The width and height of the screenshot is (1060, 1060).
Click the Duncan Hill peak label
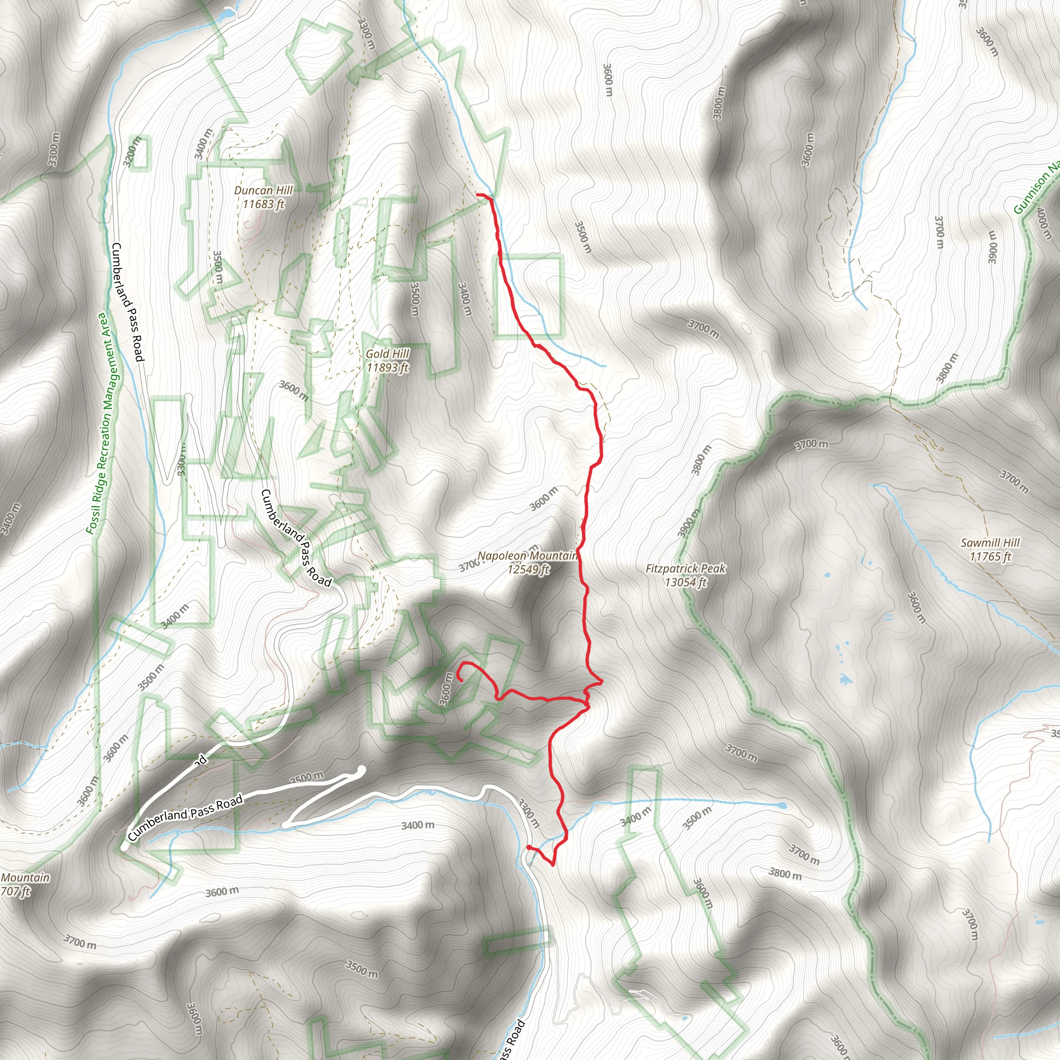pos(263,190)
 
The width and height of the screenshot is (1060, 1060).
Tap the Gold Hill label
pos(387,354)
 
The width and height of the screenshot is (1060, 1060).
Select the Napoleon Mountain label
pos(527,556)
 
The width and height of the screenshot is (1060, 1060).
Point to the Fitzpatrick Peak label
pos(685,568)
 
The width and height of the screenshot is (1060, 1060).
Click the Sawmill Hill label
pos(990,542)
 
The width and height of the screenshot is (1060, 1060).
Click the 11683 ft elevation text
pos(263,204)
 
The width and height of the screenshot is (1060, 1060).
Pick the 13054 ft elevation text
pos(685,582)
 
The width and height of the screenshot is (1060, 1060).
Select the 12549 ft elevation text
pos(528,569)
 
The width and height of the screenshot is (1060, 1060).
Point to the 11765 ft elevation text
pos(990,556)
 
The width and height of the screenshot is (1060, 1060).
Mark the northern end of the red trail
pos(478,195)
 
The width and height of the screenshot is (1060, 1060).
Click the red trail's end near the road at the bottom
pos(528,848)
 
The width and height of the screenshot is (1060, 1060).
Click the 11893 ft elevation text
pos(387,367)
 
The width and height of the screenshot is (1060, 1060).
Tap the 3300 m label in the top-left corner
pos(53,149)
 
